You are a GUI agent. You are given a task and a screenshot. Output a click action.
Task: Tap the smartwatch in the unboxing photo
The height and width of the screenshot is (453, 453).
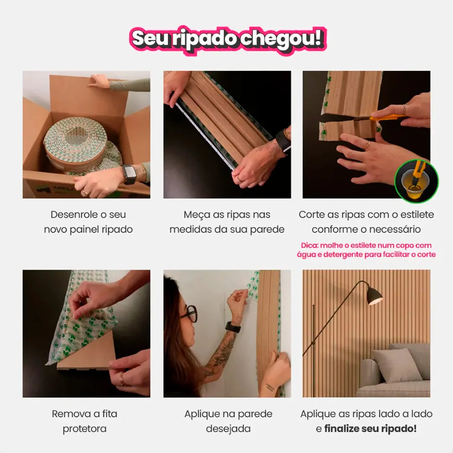tap(129, 174)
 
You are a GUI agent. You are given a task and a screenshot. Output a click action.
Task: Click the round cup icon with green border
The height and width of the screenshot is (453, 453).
tap(416, 181)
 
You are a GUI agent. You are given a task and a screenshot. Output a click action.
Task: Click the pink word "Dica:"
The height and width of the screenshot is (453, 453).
tap(310, 245)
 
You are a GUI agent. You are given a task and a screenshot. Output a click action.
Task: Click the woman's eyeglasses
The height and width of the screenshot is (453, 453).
tap(191, 313)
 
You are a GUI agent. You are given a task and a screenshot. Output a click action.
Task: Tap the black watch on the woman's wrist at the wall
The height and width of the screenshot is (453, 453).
tap(233, 327)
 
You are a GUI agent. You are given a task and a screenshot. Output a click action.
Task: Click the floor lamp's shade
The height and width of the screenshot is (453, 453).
tap(375, 296)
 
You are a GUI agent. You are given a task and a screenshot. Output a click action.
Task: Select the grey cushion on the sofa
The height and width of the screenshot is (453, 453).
tap(396, 365)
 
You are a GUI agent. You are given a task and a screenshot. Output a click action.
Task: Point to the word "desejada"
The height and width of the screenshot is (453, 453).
tap(228, 429)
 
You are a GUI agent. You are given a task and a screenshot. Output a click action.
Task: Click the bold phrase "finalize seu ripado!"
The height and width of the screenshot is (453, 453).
tap(370, 429)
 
